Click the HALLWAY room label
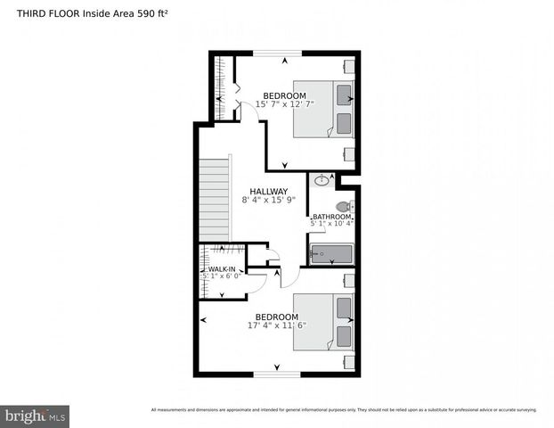point(268,191)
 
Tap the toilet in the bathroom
point(345,207)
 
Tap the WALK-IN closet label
point(222,268)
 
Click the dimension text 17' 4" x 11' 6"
point(276,325)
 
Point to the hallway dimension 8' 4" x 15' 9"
point(267,201)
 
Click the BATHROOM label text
point(332,217)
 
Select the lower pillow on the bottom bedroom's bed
point(344,336)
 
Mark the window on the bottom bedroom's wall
point(277,374)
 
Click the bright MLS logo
point(36,416)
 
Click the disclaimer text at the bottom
point(344,410)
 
